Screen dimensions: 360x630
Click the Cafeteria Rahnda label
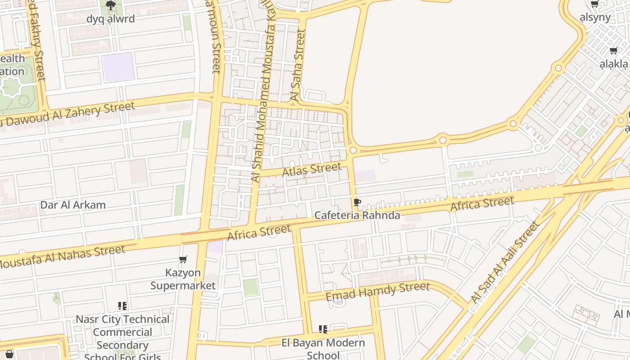tap(357, 216)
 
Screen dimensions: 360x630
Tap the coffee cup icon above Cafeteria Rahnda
tap(357, 202)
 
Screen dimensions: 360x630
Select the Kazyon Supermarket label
tap(183, 279)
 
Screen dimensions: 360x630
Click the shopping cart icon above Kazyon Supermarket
tap(183, 260)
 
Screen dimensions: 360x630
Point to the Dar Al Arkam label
tap(73, 205)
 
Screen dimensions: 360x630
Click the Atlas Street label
tap(311, 170)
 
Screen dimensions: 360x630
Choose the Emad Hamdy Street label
tap(378, 291)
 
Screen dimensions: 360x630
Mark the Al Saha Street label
tap(298, 65)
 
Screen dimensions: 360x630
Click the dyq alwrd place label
tap(110, 19)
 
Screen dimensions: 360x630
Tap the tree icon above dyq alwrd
tap(110, 5)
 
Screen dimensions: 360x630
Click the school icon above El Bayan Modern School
tap(323, 329)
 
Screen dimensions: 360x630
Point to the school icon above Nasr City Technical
tap(122, 306)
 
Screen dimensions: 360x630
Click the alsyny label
tap(595, 18)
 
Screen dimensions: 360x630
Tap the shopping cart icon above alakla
tap(613, 50)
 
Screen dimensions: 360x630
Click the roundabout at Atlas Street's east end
tap(353, 150)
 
